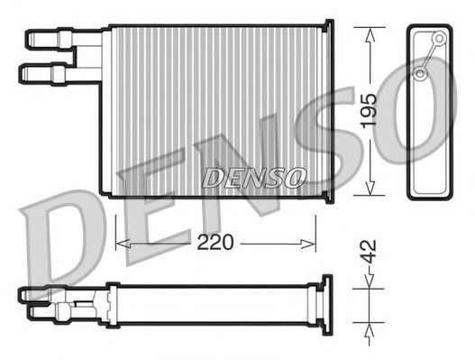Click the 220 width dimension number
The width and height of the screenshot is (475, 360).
tap(215, 242)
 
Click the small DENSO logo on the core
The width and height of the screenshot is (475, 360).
tap(253, 177)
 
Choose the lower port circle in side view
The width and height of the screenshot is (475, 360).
tap(421, 72)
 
